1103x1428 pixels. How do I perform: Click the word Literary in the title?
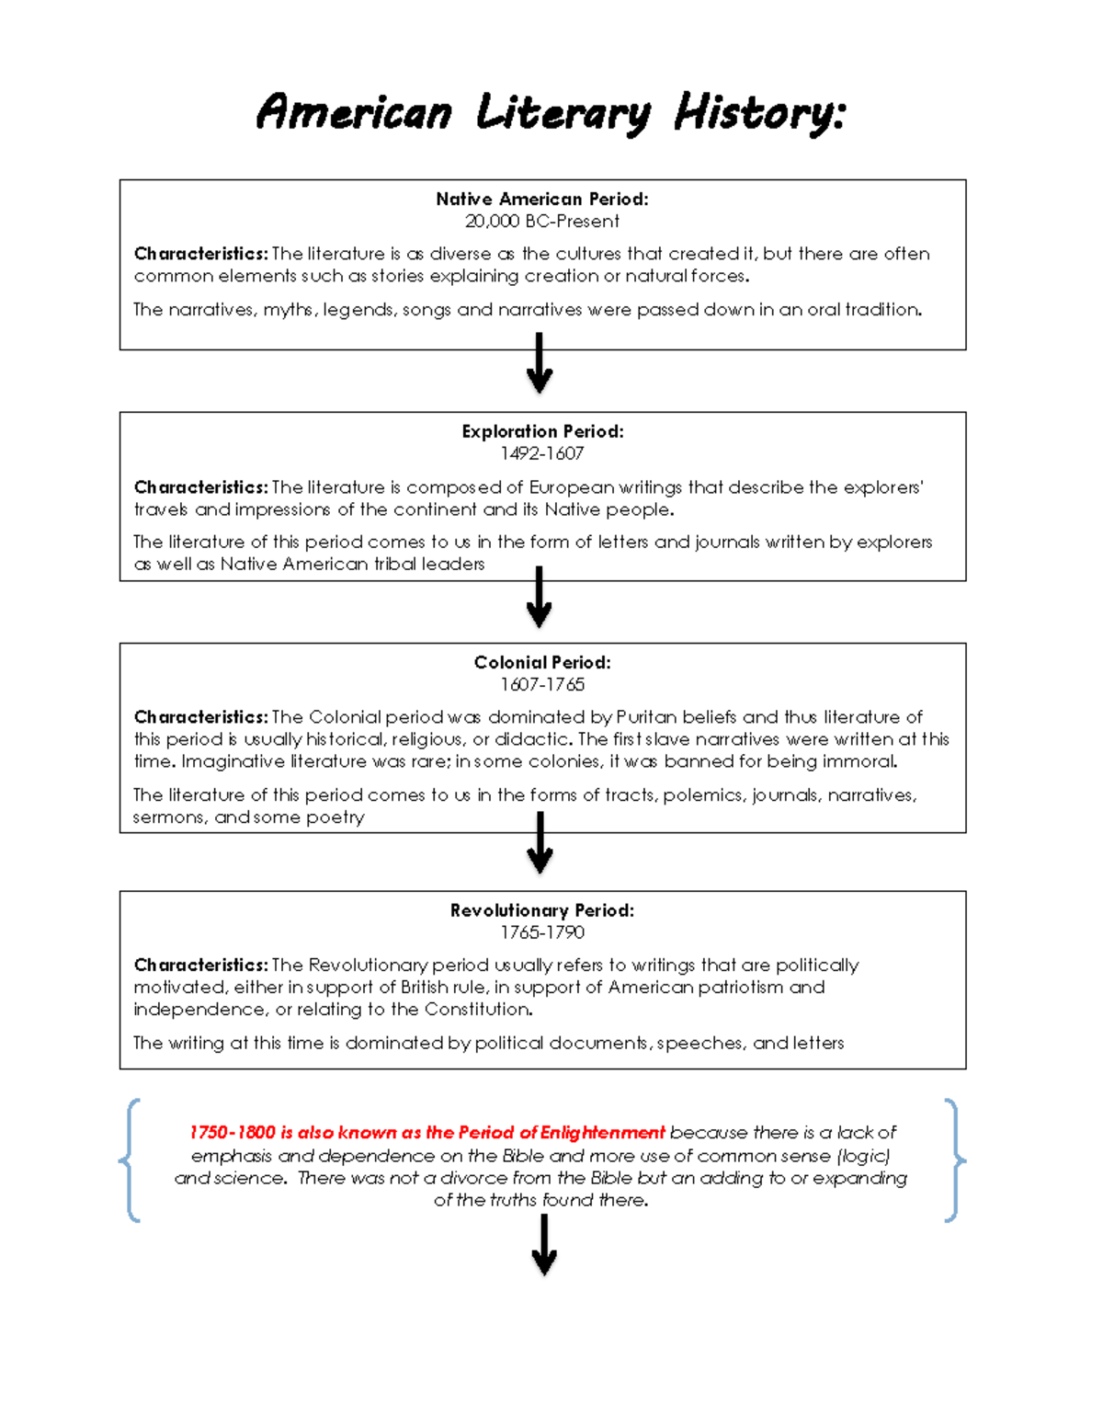click(x=563, y=114)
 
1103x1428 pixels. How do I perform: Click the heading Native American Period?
click(x=542, y=199)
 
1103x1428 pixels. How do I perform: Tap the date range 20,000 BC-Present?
click(x=542, y=221)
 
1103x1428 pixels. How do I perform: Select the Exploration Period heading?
click(x=542, y=431)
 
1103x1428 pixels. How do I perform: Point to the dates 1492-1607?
click(x=542, y=453)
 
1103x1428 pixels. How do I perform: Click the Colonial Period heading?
click(x=542, y=662)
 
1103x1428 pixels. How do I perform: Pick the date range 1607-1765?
click(x=542, y=684)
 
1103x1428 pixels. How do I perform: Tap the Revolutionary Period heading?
click(x=542, y=910)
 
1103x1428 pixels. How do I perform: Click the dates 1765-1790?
click(x=542, y=932)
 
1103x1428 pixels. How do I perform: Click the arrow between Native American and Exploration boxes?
click(x=540, y=364)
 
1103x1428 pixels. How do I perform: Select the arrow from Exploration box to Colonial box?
click(x=540, y=598)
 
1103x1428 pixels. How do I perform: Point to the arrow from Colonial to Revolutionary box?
click(x=540, y=843)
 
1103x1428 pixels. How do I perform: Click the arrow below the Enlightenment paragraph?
click(x=544, y=1244)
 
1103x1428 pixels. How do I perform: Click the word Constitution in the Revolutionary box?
click(x=477, y=1010)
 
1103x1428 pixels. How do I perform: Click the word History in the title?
click(x=758, y=114)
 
